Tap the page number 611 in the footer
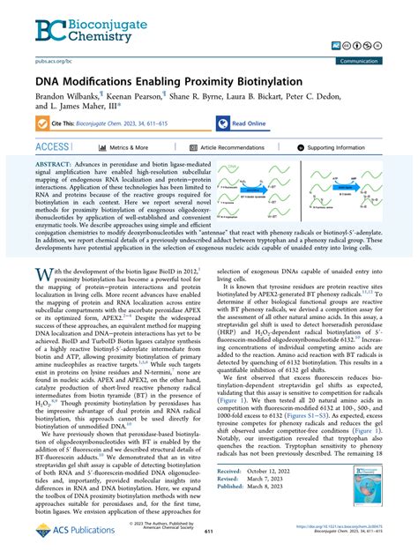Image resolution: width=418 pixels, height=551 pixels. pos(209,534)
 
